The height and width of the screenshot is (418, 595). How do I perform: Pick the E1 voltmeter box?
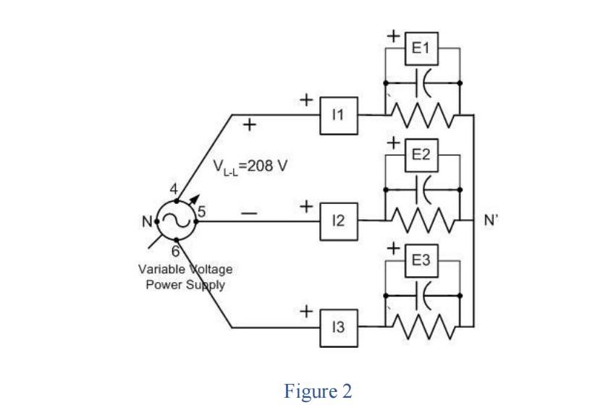(421, 48)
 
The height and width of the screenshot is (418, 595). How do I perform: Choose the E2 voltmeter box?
(421, 155)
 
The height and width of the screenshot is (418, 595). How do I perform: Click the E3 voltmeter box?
(421, 261)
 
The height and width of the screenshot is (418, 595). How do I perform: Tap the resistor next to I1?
(422, 113)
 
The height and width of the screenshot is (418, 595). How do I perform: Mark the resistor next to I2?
(422, 220)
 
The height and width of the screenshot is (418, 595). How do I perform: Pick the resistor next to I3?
(422, 327)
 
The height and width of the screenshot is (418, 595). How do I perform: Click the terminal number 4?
(174, 189)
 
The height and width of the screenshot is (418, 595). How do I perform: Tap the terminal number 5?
(202, 211)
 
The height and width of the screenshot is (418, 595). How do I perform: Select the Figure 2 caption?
(318, 391)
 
